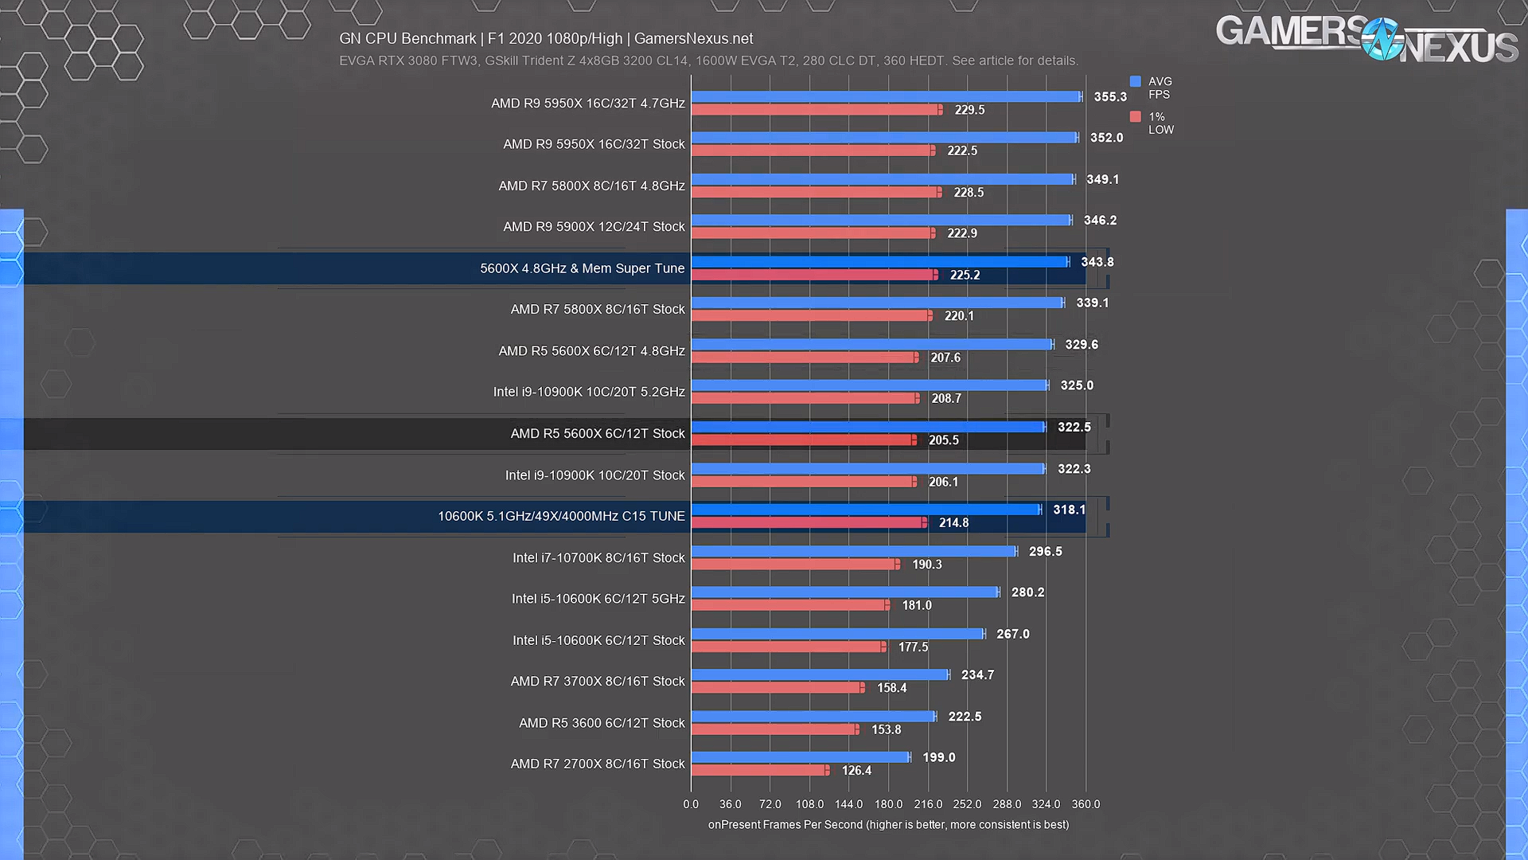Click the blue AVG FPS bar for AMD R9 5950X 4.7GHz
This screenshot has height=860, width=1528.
(886, 96)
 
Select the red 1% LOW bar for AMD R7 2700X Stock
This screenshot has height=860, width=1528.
(759, 770)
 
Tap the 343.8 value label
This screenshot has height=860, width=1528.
(1097, 262)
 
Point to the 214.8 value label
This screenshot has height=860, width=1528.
(953, 523)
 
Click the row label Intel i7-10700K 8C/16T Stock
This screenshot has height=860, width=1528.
(598, 557)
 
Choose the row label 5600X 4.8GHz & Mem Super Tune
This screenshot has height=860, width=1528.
(582, 268)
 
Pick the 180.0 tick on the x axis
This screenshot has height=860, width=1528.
(888, 804)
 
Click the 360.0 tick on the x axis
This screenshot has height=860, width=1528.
(1086, 804)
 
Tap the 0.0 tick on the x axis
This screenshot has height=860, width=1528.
(691, 804)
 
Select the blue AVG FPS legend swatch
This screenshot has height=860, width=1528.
(1136, 81)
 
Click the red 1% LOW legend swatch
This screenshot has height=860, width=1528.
(1136, 117)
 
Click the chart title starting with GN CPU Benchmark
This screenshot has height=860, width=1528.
(546, 38)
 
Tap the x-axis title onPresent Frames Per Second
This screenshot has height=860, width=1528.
(888, 825)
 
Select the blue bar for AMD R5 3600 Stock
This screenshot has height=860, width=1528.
(813, 716)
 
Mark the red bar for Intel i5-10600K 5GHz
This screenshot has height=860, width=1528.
(789, 605)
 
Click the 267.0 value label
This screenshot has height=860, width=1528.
(1012, 634)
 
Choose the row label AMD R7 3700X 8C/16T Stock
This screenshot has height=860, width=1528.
(597, 681)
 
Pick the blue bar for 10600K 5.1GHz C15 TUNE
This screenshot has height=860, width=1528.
(866, 510)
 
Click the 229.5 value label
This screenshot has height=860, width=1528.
(969, 110)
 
